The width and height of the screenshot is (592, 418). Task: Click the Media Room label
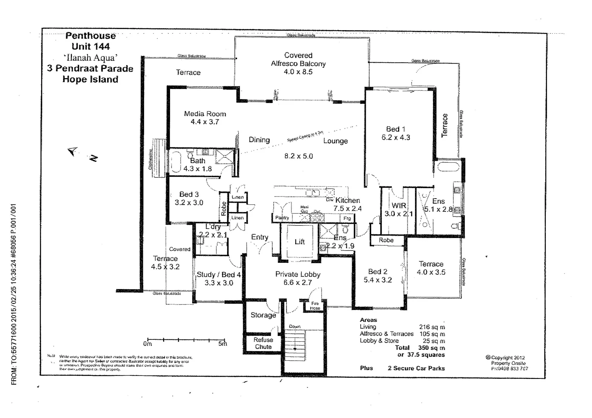pos(205,114)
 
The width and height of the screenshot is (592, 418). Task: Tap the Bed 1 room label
pos(396,129)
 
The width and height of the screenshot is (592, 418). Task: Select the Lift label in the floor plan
pos(299,242)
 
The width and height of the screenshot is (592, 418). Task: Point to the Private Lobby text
pos(298,274)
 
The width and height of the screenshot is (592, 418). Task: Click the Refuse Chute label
pos(263,343)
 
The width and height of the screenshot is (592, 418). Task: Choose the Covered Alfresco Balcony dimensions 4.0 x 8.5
pos(298,72)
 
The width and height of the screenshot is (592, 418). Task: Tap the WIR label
pos(399,206)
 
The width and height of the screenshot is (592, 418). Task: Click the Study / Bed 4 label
pos(219,275)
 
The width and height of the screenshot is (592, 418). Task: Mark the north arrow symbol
pos(73,151)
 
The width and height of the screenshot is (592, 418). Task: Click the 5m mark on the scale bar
pos(222,344)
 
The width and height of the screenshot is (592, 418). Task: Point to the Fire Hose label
pos(315,306)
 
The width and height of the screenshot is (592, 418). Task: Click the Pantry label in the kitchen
pos(282,218)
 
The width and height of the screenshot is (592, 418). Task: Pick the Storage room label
pos(263,315)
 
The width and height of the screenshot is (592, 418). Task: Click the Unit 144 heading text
pos(91,46)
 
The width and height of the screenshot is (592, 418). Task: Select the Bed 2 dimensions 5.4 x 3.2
pos(377,280)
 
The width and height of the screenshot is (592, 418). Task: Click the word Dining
pos(259,140)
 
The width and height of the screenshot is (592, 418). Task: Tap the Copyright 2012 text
pos(508,358)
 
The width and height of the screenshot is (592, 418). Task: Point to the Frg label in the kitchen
pos(347,218)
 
